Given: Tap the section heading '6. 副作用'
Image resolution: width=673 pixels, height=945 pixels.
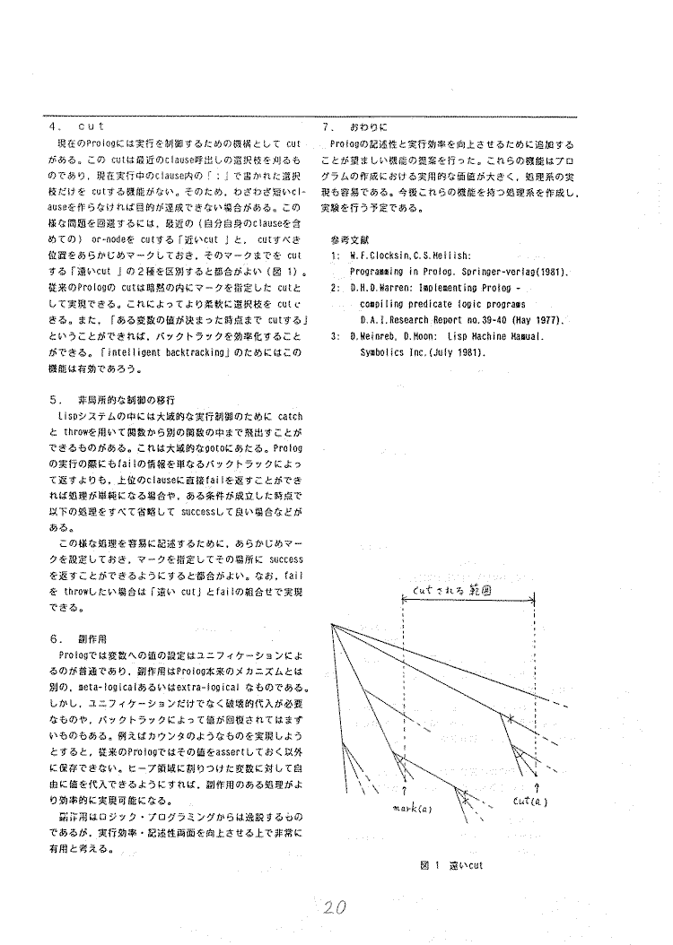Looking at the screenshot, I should [80, 640].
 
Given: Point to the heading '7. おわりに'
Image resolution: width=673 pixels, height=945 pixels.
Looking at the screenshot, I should [355, 128].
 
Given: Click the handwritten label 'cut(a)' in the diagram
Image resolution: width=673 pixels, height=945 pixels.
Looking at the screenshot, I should [533, 801].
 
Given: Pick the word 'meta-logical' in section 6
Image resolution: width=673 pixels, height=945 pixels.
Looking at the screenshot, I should [109, 688].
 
